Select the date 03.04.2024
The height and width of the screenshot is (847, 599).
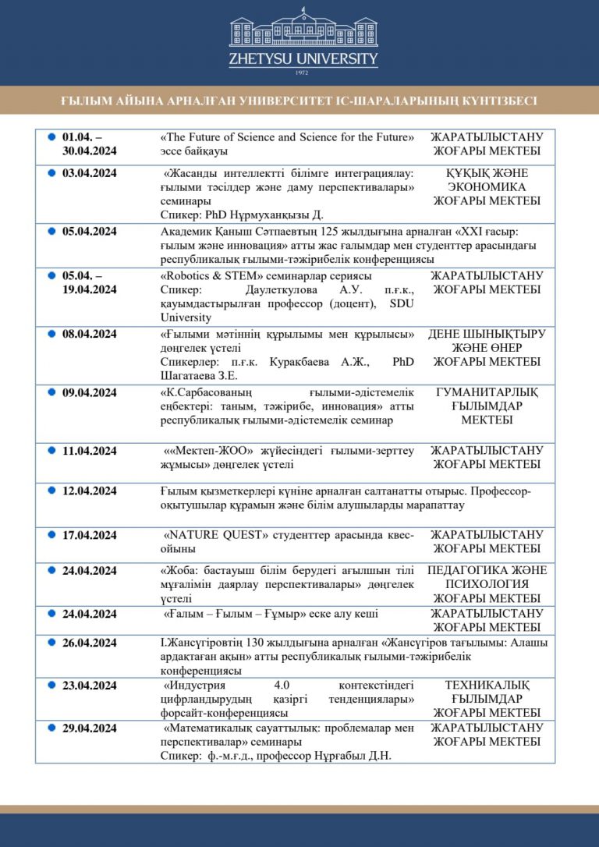coord(90,173)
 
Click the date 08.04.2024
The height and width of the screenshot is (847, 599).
coord(90,334)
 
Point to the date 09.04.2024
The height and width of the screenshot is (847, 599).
coord(90,392)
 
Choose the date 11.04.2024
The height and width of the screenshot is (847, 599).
coord(90,450)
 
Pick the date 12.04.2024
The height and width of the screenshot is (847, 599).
coord(90,491)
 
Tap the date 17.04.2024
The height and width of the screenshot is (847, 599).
coord(90,535)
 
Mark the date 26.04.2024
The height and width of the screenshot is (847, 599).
coord(90,643)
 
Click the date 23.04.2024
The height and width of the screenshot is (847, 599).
coord(90,685)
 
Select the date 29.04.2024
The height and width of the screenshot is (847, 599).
coord(90,728)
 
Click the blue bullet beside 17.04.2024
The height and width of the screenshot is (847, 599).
coord(51,534)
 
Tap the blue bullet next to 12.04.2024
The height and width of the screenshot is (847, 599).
coord(51,490)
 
